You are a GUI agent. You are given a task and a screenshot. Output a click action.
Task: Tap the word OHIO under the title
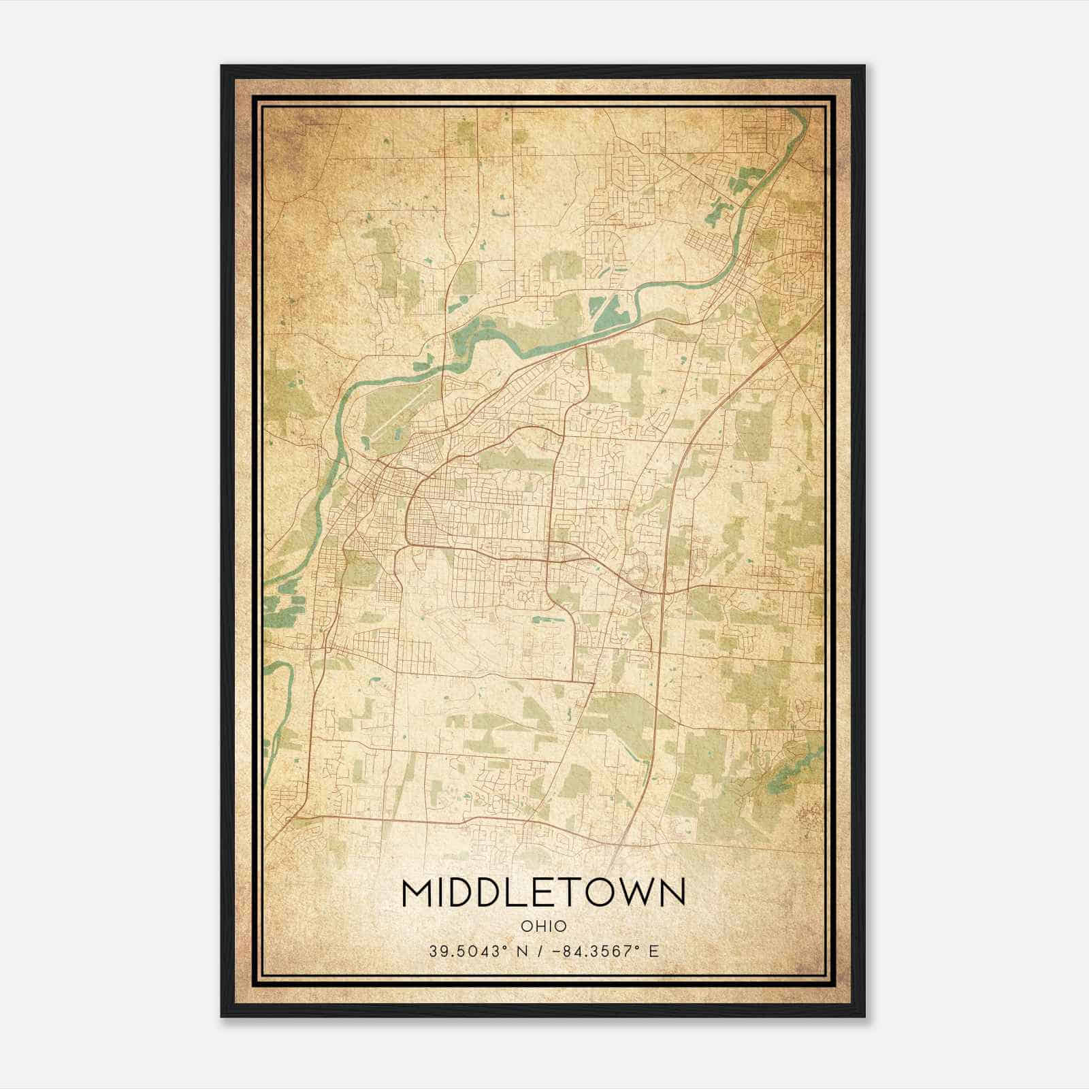click(x=543, y=926)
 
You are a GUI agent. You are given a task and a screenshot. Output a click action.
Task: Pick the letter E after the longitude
click(x=654, y=951)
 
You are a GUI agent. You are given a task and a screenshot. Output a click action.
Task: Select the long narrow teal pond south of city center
click(x=545, y=619)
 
